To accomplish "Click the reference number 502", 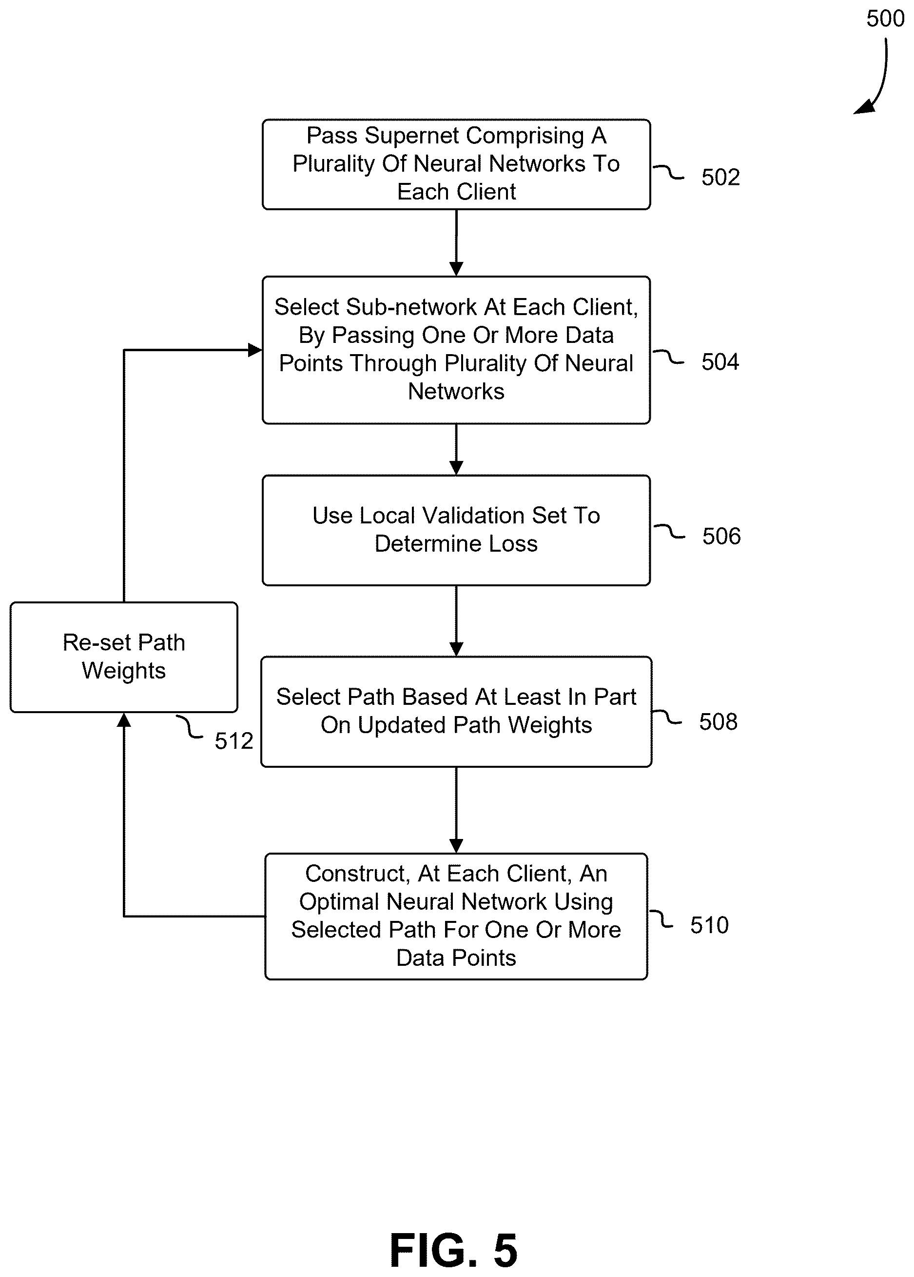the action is (x=720, y=178).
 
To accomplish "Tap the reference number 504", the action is (x=720, y=361).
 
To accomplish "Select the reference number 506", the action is (x=721, y=536).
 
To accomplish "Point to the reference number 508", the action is (x=718, y=722).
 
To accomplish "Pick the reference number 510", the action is (x=709, y=925).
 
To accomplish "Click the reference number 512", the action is (x=233, y=741).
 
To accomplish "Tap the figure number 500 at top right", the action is (x=885, y=19).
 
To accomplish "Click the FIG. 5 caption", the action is (x=454, y=1250).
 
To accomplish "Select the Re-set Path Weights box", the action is (x=124, y=657).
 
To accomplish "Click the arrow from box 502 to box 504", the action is (x=456, y=243).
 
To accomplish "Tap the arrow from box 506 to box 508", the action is (x=456, y=621).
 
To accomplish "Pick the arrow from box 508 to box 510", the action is (x=456, y=810).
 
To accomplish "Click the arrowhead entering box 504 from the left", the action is (x=255, y=350).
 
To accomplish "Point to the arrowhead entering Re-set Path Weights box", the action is (x=124, y=720).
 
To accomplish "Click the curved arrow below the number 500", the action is (x=881, y=79).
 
